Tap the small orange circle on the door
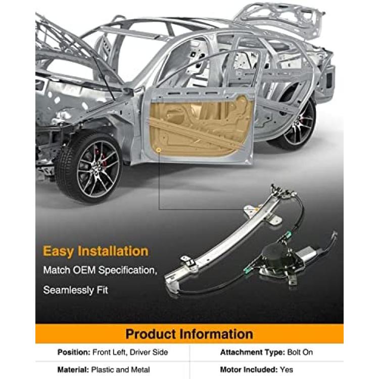click(159, 151)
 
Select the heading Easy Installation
click(96, 251)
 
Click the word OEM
click(83, 270)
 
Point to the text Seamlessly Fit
click(75, 290)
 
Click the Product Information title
click(189, 334)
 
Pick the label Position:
click(74, 352)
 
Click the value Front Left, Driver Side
click(130, 352)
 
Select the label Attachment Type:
click(253, 352)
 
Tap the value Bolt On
click(300, 352)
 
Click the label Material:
click(73, 369)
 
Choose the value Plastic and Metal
click(121, 369)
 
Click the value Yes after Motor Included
click(287, 369)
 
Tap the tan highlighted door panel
click(201, 126)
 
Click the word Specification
click(126, 270)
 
